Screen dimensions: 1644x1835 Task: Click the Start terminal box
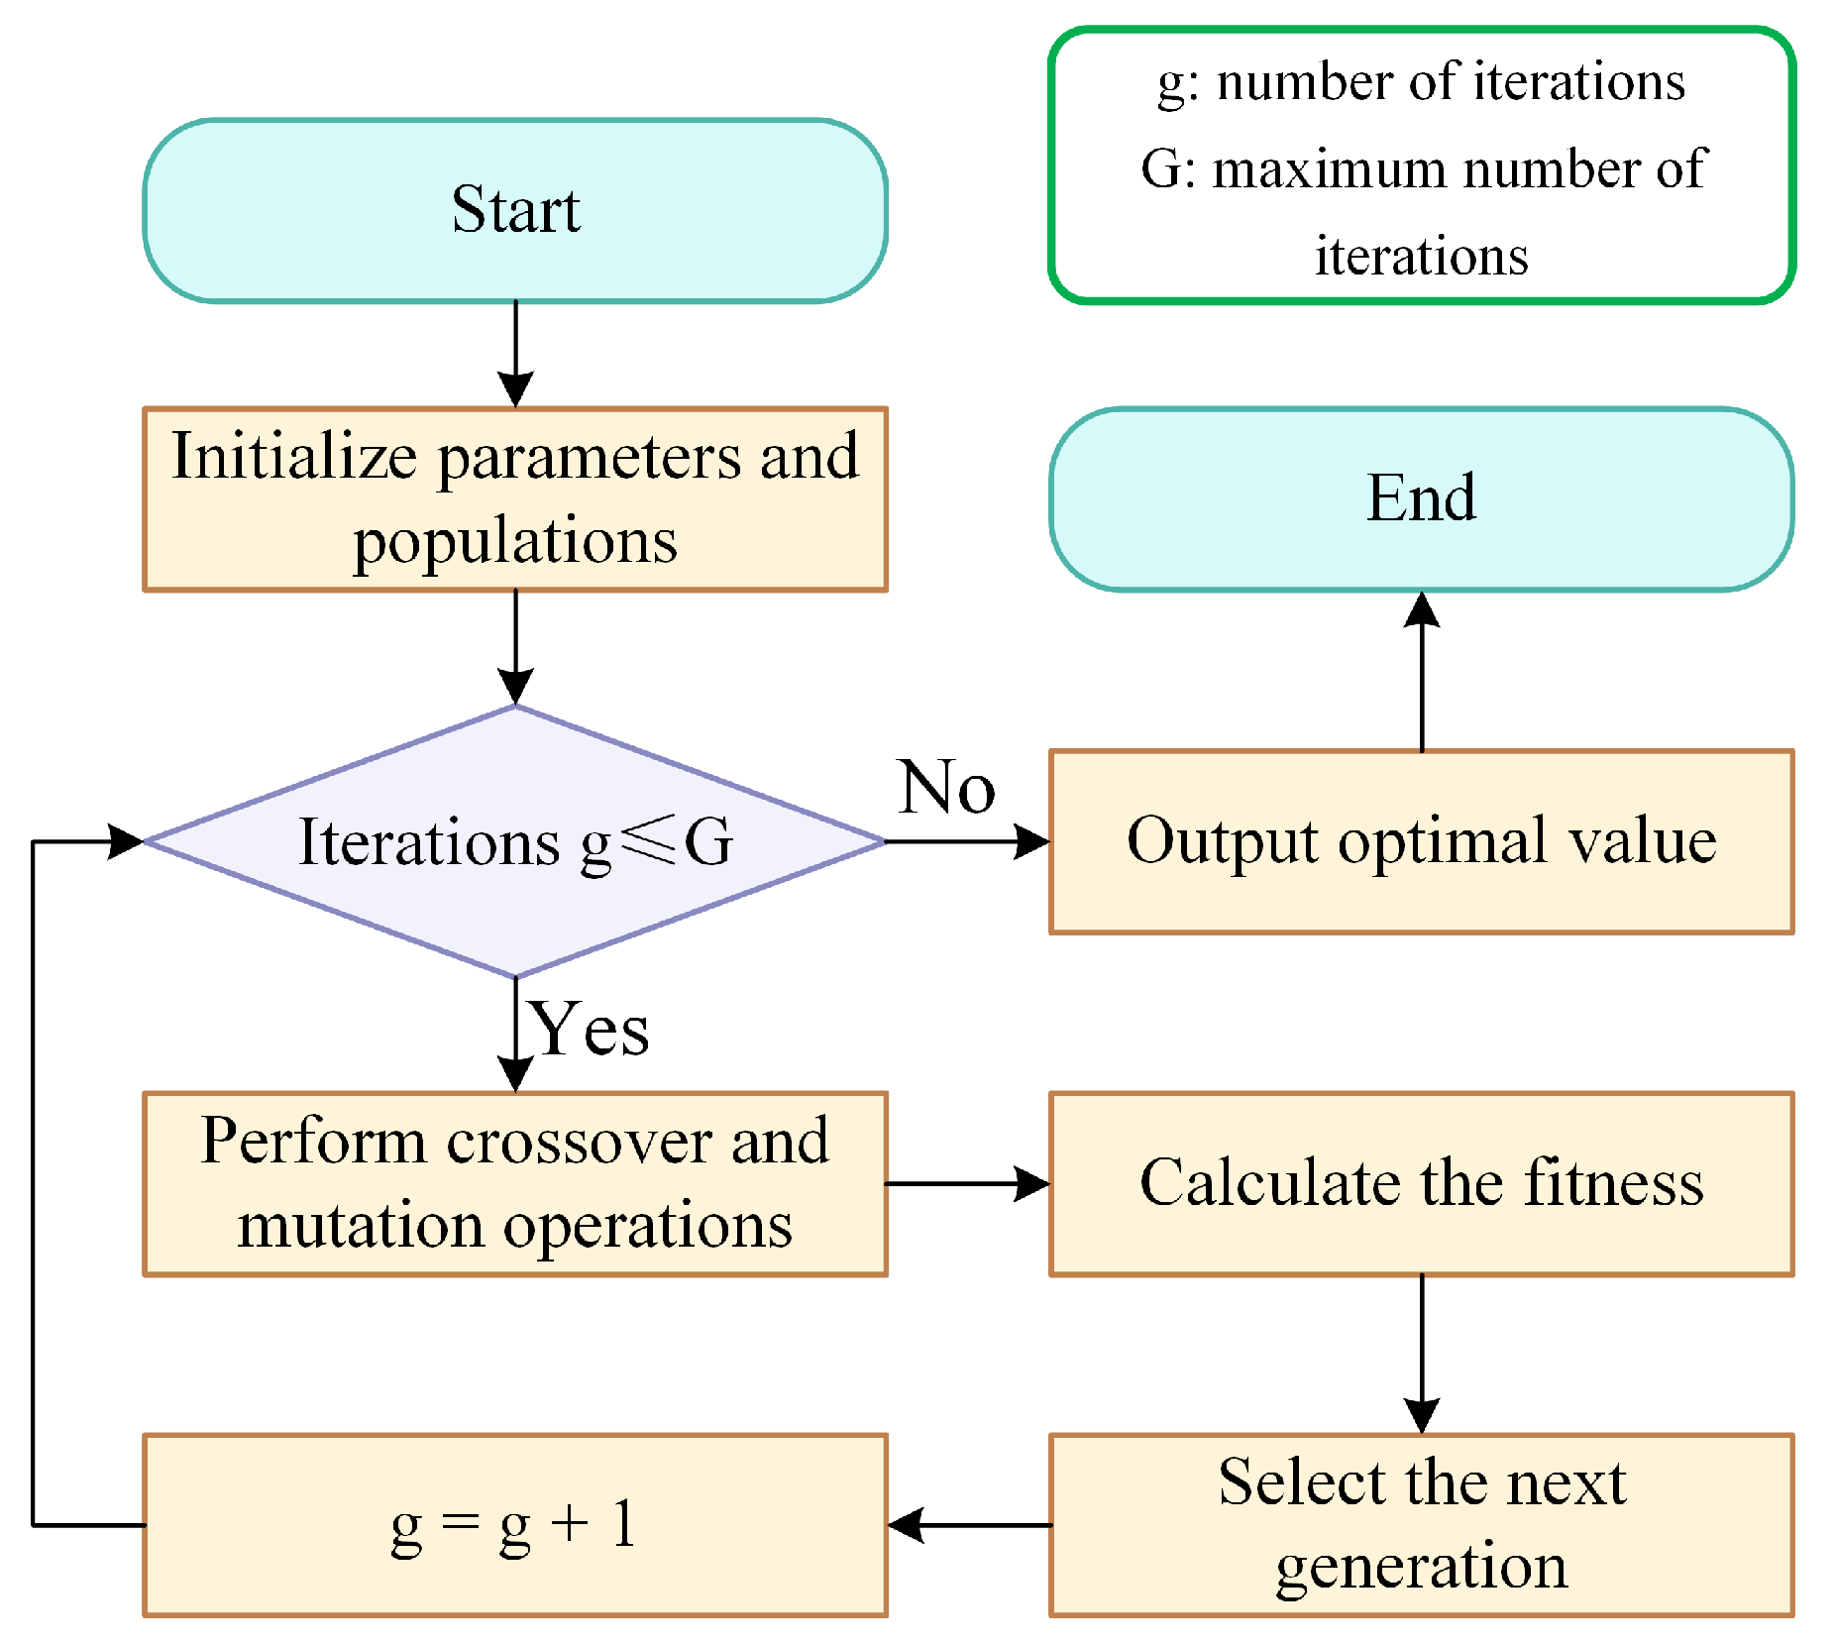tap(514, 210)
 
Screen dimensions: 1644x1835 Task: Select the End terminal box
tap(1421, 498)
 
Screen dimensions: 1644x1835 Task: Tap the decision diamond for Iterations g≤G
tap(514, 841)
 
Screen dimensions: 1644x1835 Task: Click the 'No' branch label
tap(946, 788)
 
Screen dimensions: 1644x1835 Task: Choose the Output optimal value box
tap(1421, 841)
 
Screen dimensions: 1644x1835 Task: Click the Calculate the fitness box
tap(1421, 1183)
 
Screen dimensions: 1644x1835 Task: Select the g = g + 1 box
tap(514, 1525)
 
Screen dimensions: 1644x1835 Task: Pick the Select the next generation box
tap(1421, 1525)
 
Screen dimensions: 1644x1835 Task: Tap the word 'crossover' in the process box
tap(579, 1142)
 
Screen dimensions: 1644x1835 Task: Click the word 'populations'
tap(514, 542)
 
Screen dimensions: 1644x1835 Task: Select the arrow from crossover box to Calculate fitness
tap(966, 1183)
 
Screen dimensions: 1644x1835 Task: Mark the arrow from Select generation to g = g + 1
tap(968, 1525)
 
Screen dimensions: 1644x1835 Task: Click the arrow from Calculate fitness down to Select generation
tap(1422, 1353)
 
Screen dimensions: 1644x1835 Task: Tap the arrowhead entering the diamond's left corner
tap(126, 841)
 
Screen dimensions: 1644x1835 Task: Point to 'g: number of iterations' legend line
tap(1421, 82)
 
